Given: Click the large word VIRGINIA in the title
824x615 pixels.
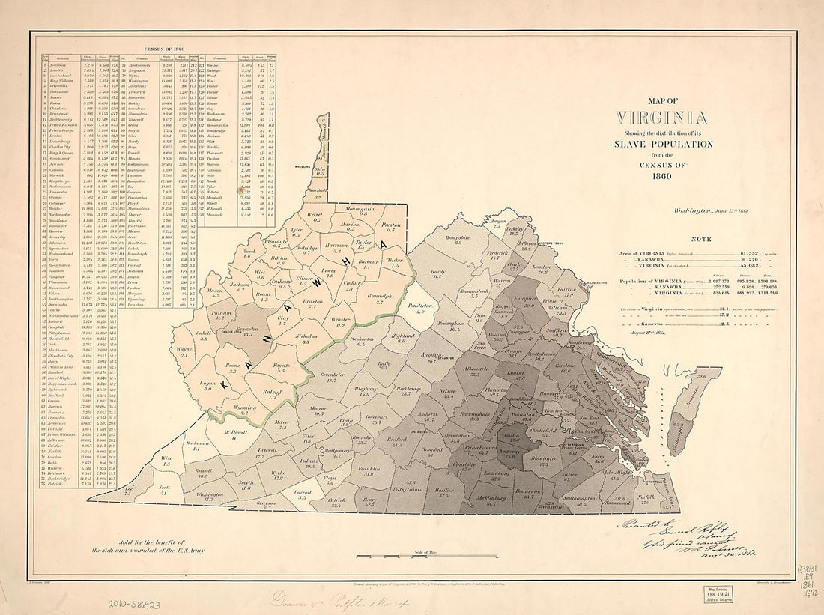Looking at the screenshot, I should point(660,118).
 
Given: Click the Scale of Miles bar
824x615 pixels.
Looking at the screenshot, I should point(427,557).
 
